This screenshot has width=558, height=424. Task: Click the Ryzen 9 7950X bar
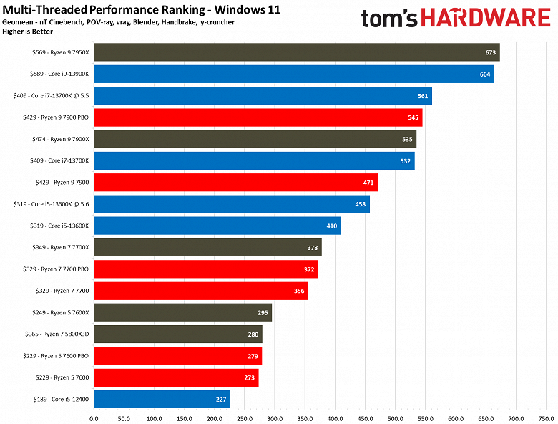[x=296, y=52]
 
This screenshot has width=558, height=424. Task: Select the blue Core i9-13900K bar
[x=293, y=74]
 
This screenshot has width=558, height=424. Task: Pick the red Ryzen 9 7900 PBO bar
[x=258, y=117]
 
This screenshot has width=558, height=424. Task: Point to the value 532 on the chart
[x=405, y=161]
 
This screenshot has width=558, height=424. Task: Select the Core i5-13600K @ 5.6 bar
[x=231, y=204]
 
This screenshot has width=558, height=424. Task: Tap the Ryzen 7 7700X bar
[x=207, y=248]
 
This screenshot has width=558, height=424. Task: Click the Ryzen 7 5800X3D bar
[x=177, y=334]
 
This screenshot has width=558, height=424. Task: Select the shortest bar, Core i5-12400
[x=162, y=400]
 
